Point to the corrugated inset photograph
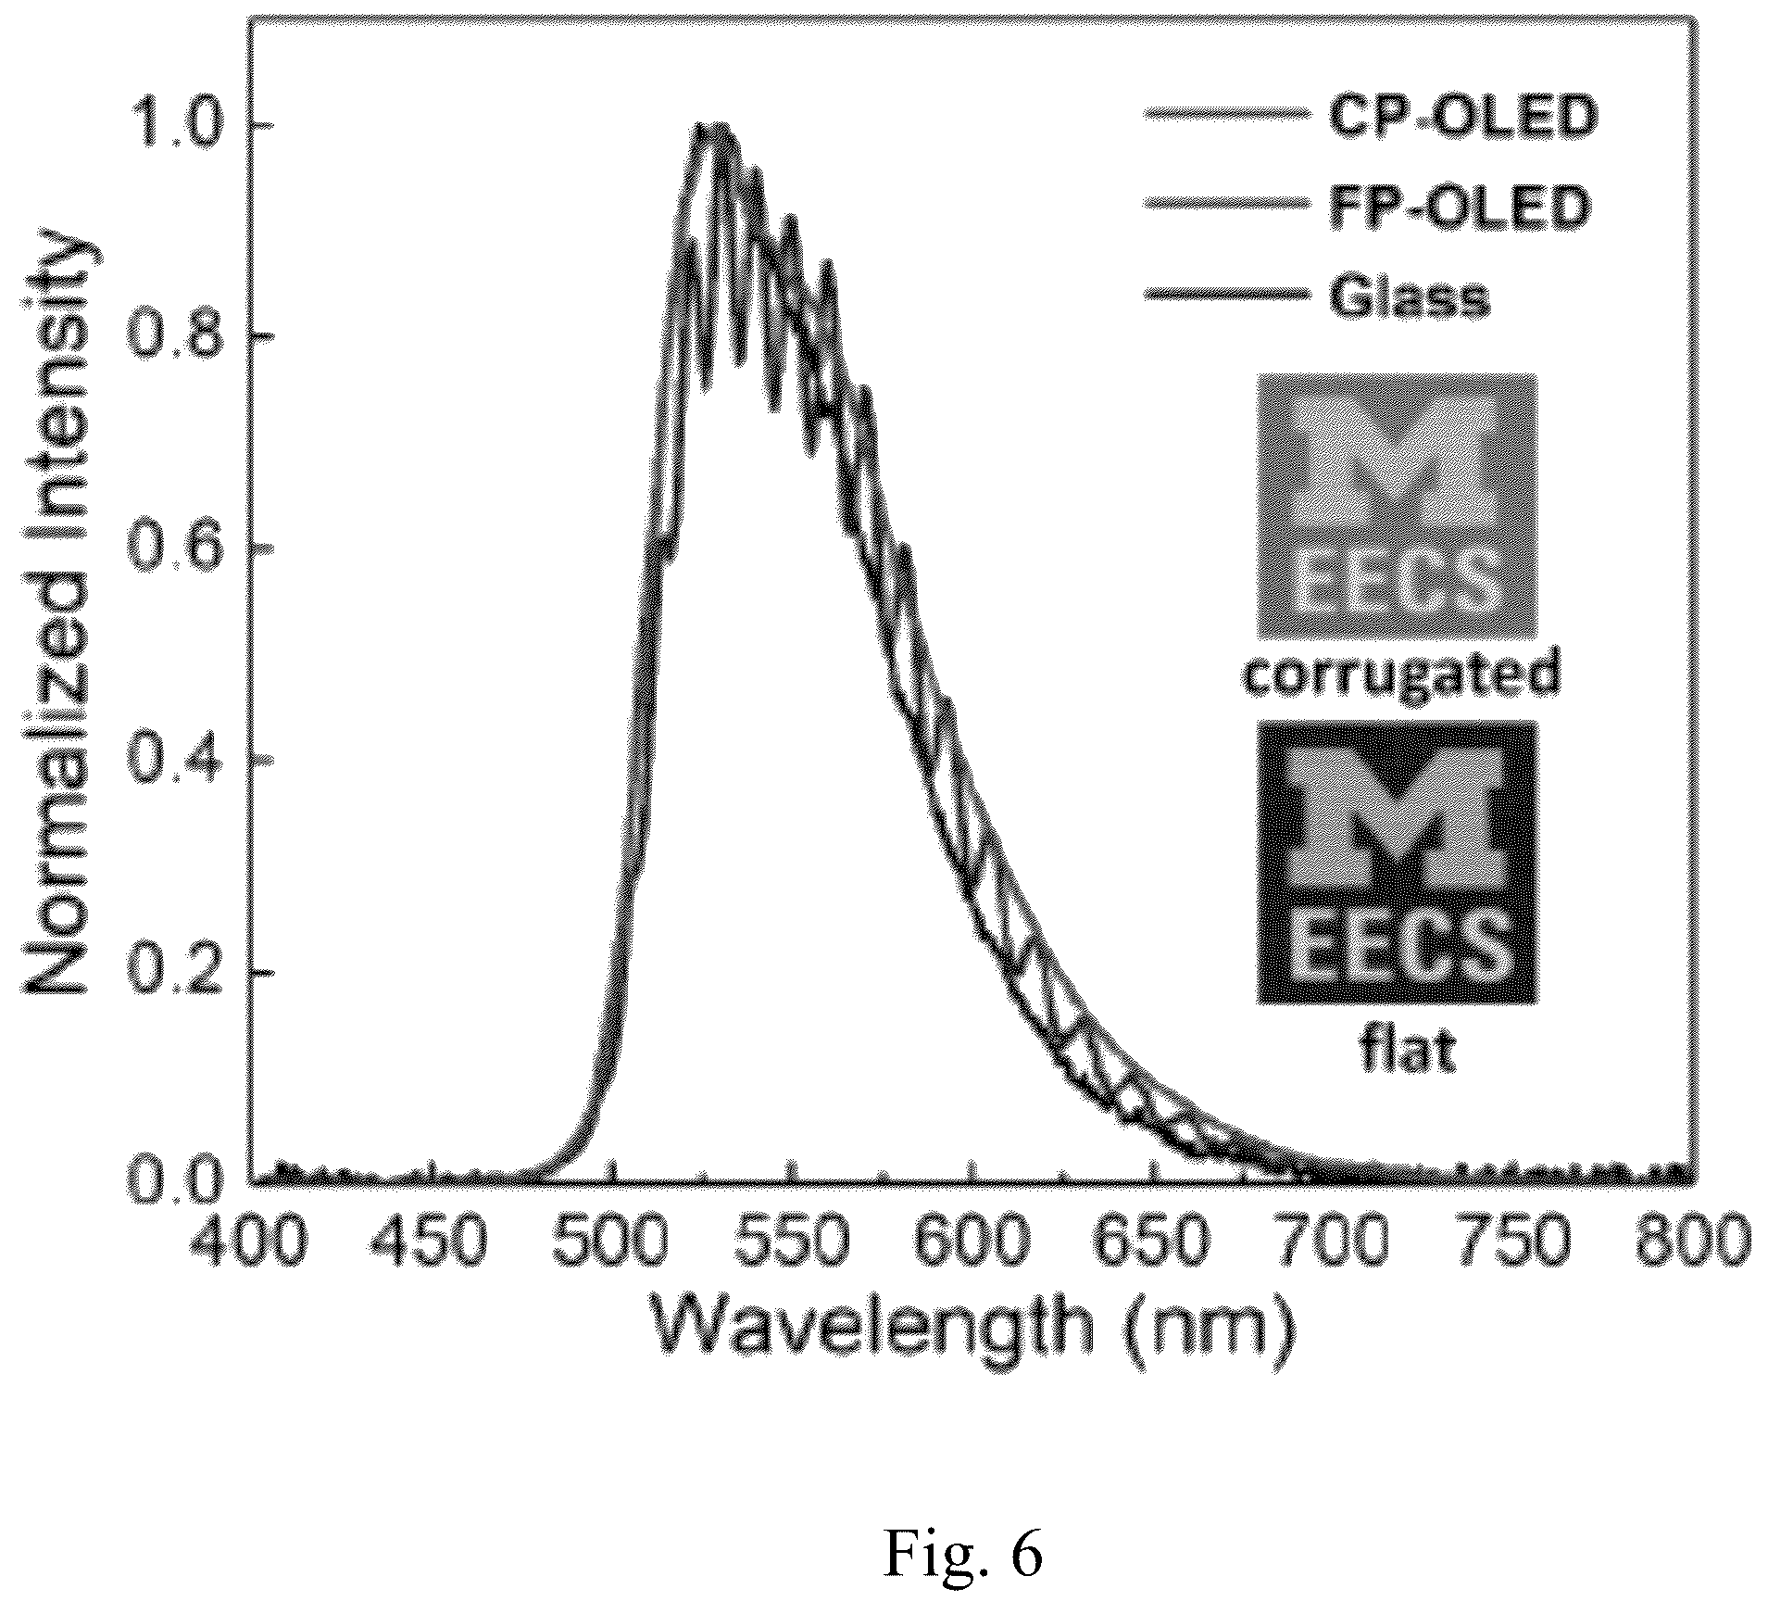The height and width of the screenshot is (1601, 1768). tap(1397, 506)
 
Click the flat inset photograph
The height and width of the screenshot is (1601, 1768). tap(1397, 863)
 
